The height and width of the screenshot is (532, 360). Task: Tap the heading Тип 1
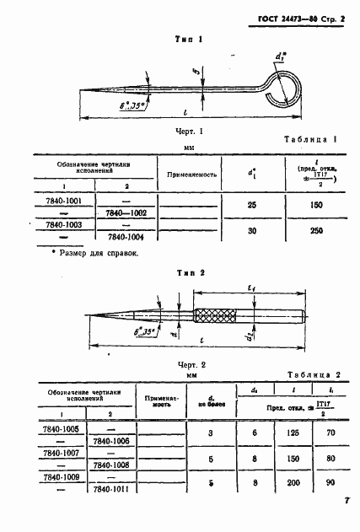coord(188,38)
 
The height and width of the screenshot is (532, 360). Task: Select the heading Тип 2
coord(187,273)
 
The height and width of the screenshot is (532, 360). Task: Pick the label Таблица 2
coord(312,373)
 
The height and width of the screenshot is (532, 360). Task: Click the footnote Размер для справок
coord(94,253)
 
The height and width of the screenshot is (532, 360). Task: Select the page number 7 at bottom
coord(347,502)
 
